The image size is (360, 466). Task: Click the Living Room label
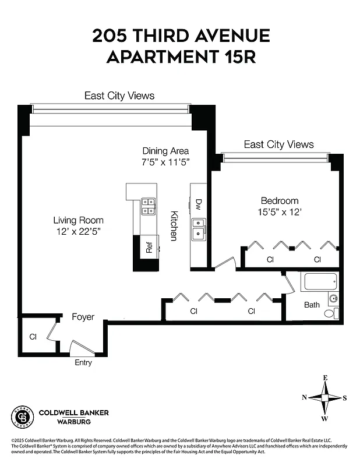click(x=78, y=220)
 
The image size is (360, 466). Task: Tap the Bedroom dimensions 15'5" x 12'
click(x=280, y=213)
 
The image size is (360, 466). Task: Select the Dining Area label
click(x=165, y=151)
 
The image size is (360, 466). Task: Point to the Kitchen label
click(x=173, y=226)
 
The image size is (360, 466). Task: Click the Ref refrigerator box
click(x=149, y=247)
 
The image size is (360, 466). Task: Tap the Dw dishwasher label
click(x=198, y=204)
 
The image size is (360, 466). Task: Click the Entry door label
click(x=83, y=362)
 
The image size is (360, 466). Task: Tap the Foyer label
click(x=83, y=317)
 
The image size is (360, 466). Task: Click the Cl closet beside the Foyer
click(x=33, y=337)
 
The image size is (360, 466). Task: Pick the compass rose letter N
click(x=304, y=398)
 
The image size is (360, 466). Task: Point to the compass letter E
click(x=325, y=378)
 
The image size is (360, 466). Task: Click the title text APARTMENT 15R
click(x=181, y=58)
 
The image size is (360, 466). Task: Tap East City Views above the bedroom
click(x=278, y=144)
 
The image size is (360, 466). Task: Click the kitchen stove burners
click(x=148, y=206)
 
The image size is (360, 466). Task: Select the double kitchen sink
click(x=198, y=228)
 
